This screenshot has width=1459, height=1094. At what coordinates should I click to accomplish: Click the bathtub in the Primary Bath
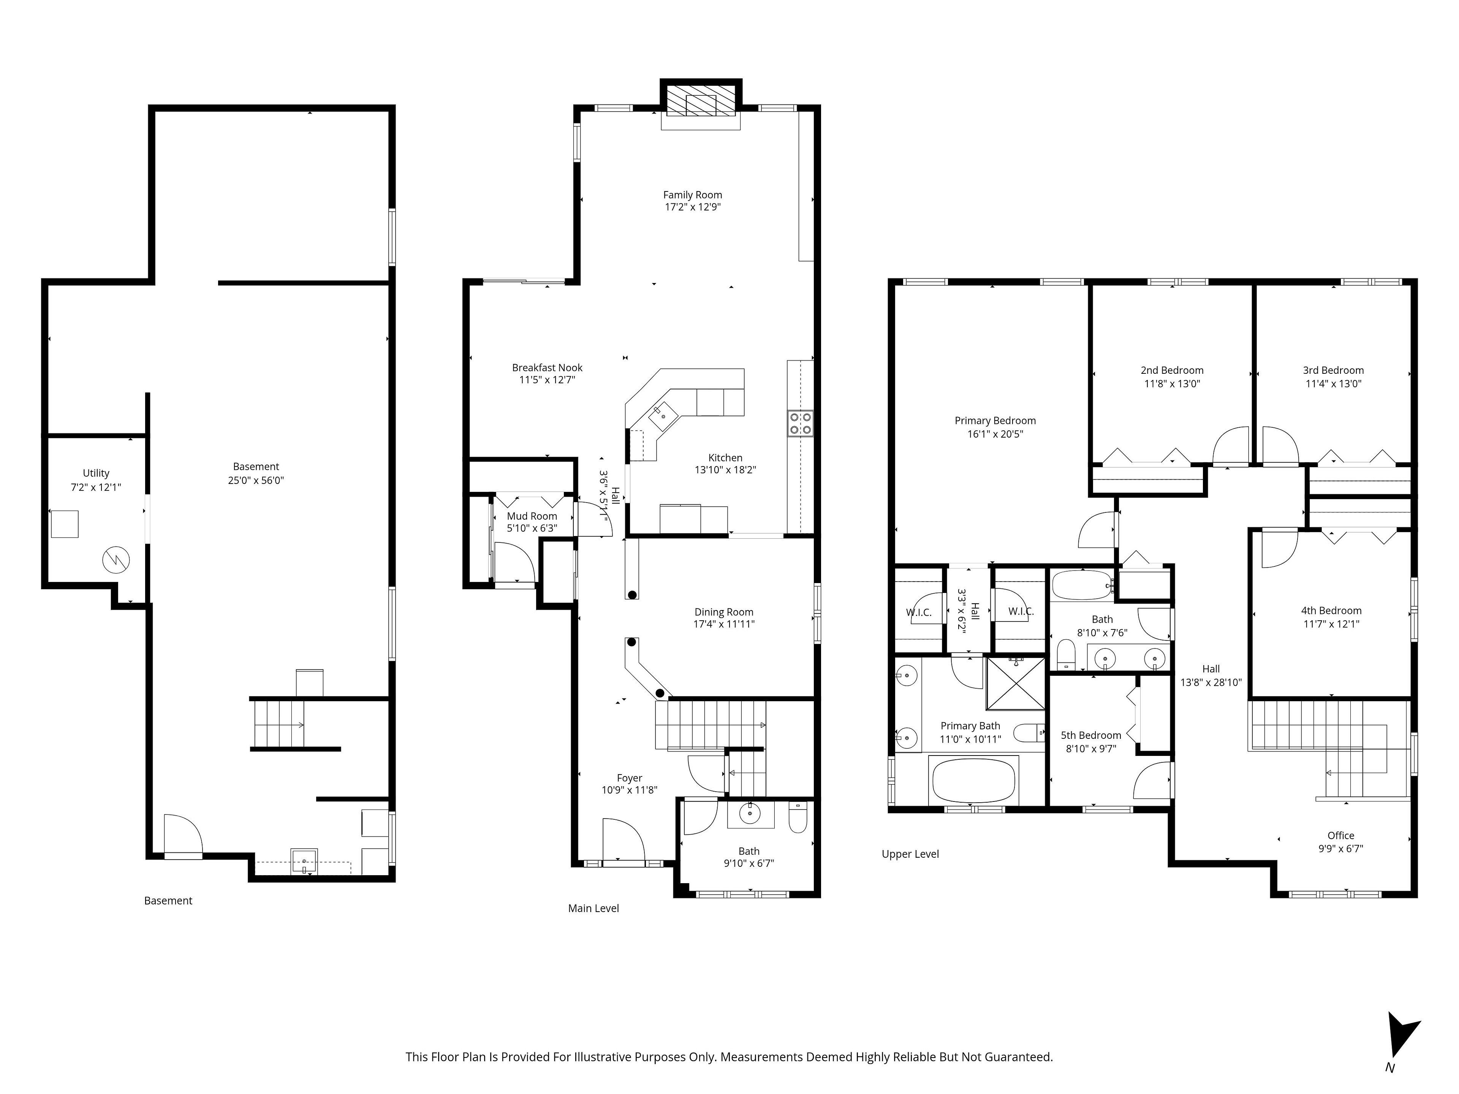click(973, 781)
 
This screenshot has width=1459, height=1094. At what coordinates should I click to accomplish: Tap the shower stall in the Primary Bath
click(1016, 684)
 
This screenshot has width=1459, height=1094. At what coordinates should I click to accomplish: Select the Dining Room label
click(723, 612)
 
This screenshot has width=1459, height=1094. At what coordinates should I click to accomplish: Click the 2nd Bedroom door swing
click(1231, 446)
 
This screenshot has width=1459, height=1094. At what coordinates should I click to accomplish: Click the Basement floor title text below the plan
click(168, 901)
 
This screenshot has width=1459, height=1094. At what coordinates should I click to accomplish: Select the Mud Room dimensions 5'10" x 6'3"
click(532, 528)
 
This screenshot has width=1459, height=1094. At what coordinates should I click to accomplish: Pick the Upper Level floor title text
click(910, 854)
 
